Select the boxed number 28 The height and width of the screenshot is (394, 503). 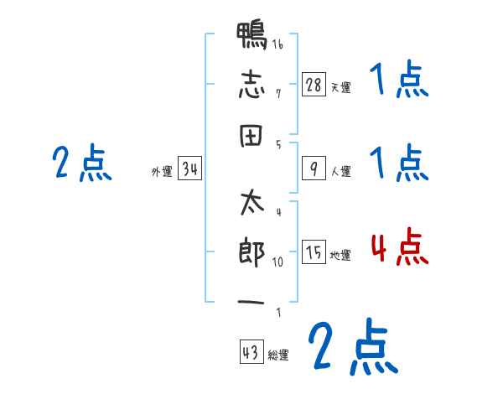click(x=314, y=85)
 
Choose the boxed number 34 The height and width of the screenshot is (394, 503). click(x=189, y=170)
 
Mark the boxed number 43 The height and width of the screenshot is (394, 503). click(x=250, y=352)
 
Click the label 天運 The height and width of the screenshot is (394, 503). click(x=340, y=87)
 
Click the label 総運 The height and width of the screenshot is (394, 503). click(x=278, y=355)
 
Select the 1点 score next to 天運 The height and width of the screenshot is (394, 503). click(x=399, y=81)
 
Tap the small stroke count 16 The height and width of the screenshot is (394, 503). click(x=277, y=44)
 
